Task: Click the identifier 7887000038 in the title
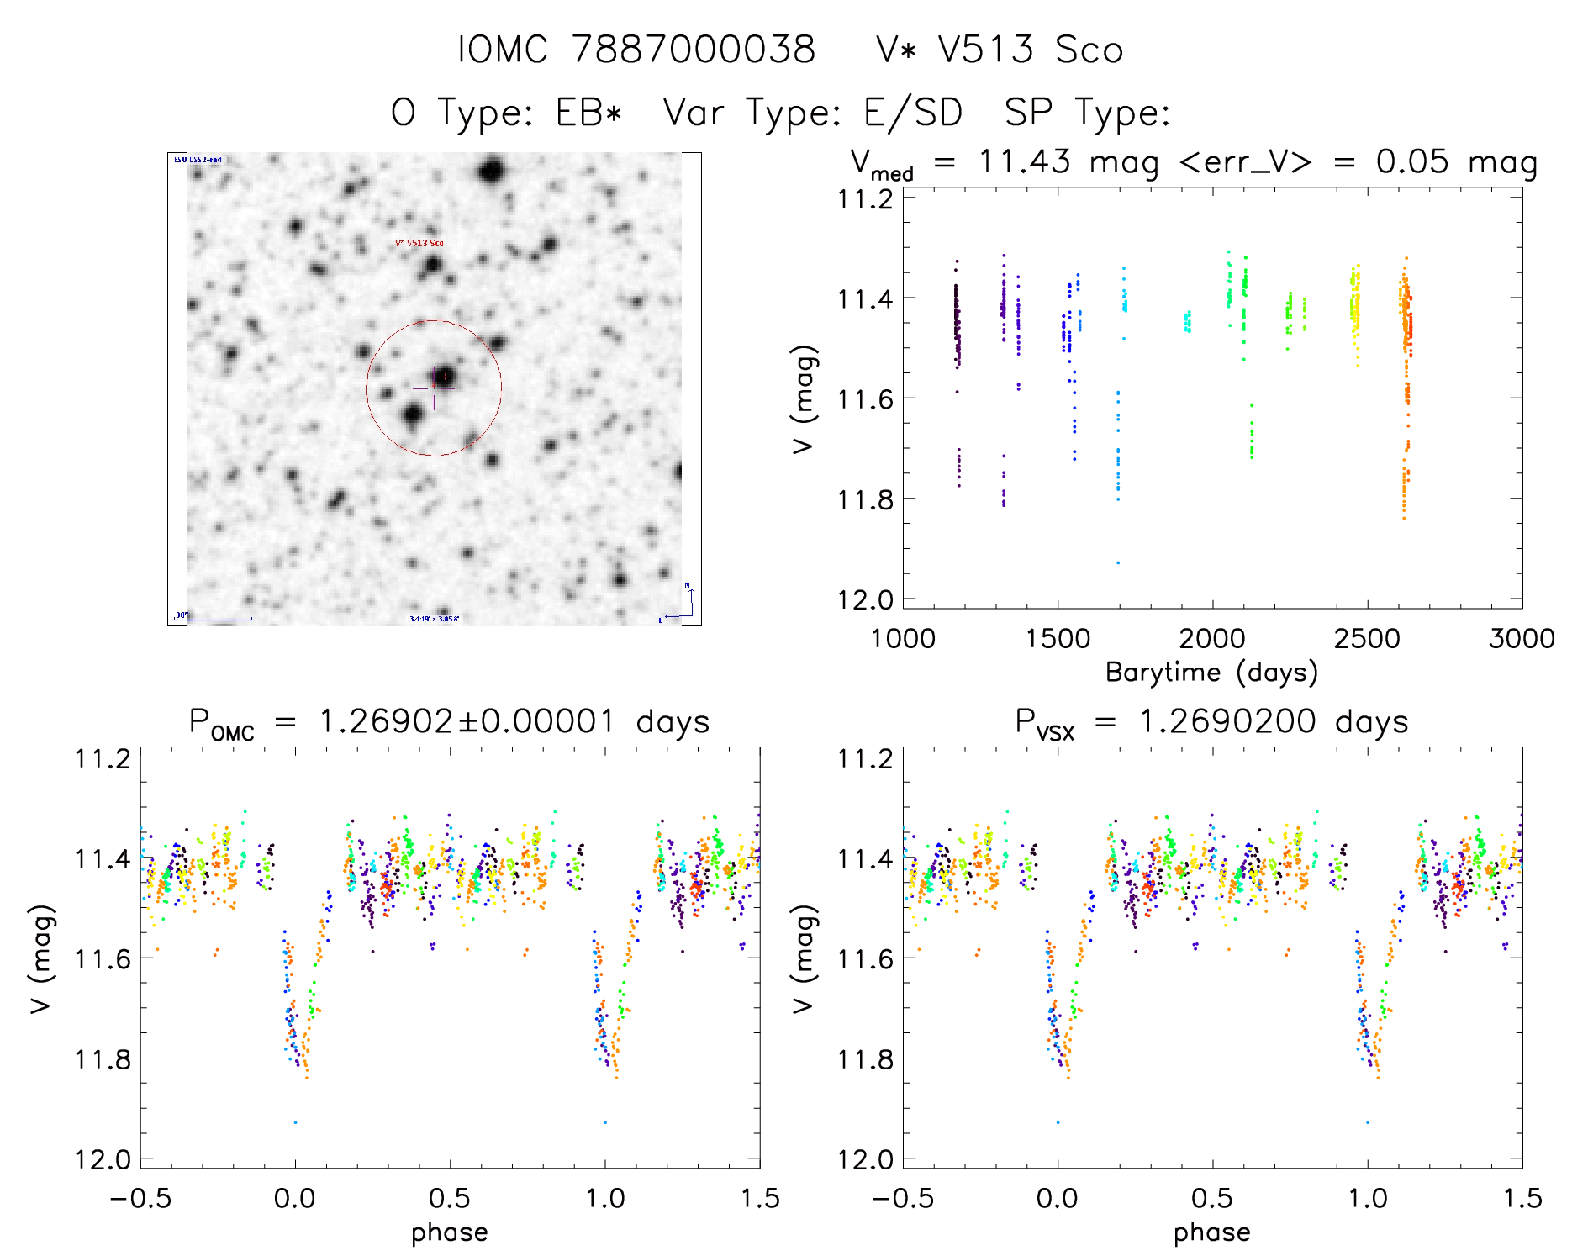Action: click(694, 50)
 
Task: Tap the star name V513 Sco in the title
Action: click(1031, 50)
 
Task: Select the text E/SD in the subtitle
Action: click(913, 113)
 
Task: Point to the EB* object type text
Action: click(588, 113)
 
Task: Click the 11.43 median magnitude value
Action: click(1025, 161)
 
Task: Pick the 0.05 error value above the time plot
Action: click(1412, 161)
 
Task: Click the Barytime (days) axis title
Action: click(1211, 673)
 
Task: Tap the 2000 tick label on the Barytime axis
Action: click(1211, 639)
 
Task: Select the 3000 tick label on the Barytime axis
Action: click(1522, 639)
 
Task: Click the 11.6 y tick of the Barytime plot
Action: click(864, 398)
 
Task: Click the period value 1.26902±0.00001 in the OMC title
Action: click(467, 722)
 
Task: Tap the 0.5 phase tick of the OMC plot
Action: click(450, 1198)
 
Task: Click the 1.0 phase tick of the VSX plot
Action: click(1368, 1198)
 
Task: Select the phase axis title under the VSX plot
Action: click(1211, 1232)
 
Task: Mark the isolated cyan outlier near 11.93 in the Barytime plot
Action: click(1118, 562)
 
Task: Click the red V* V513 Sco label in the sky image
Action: click(419, 244)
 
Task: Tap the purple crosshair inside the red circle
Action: click(434, 388)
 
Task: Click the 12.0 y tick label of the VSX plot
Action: click(864, 1160)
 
